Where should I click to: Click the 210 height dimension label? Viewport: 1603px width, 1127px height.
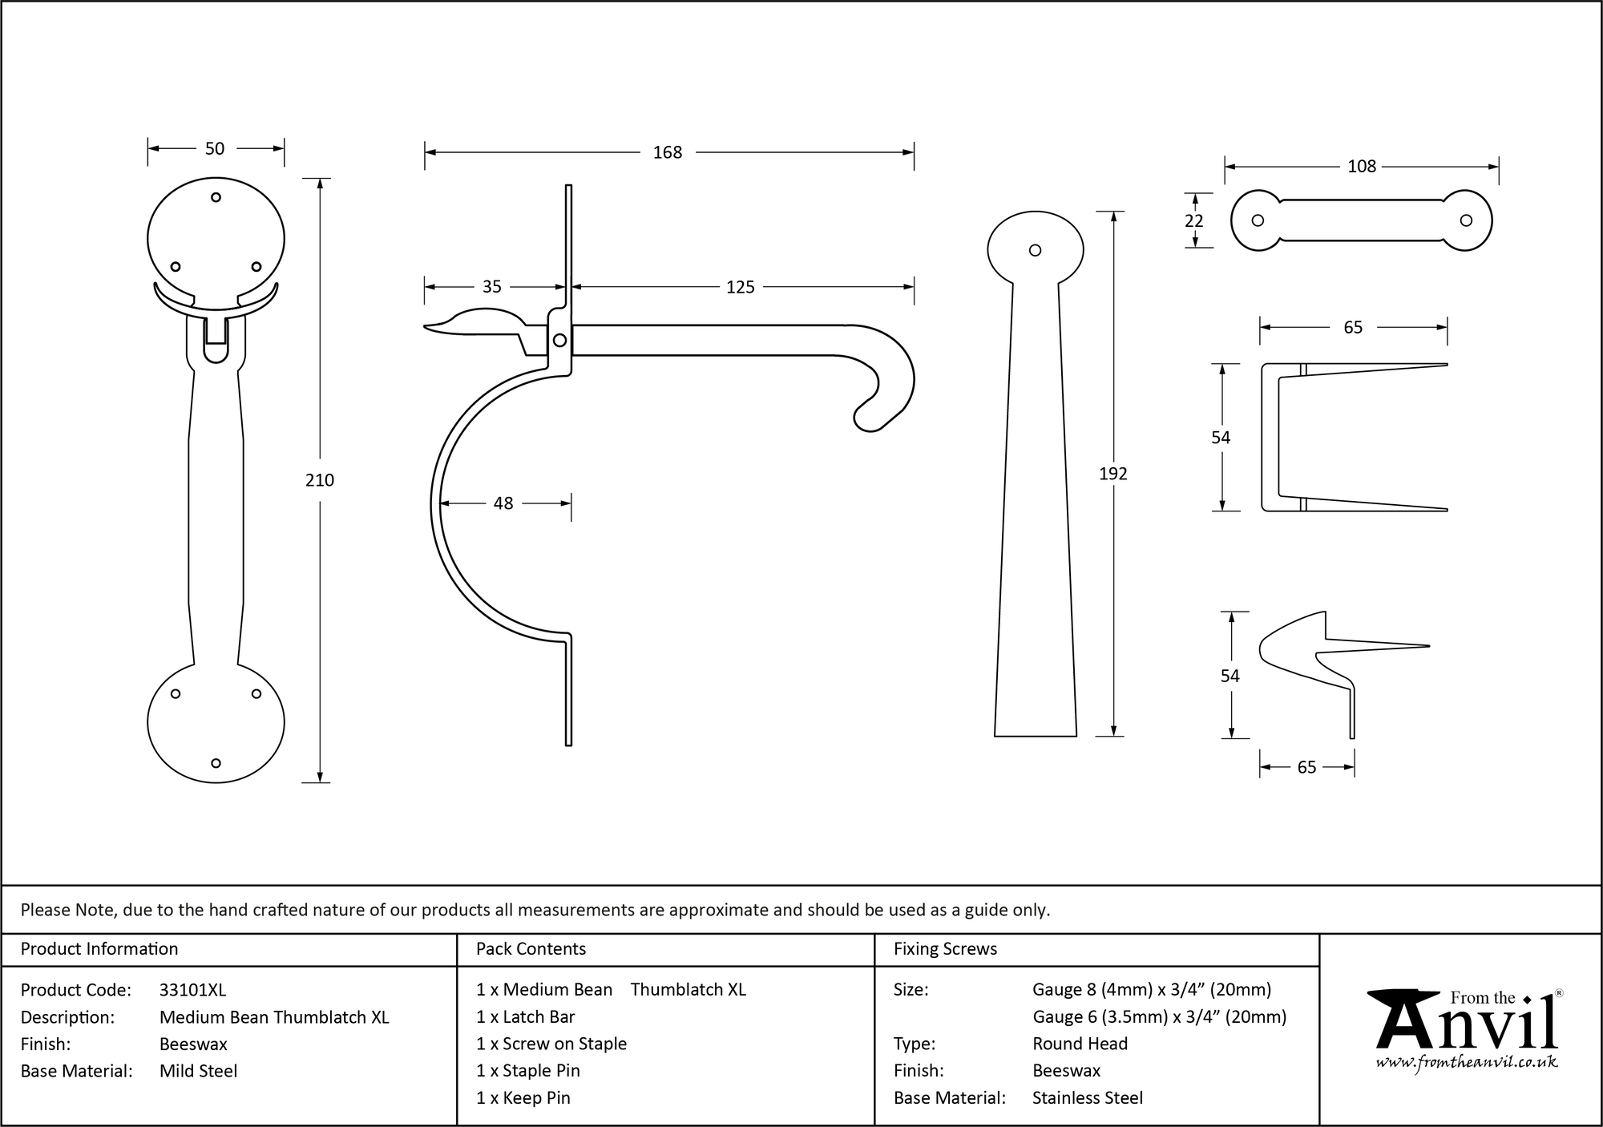click(320, 480)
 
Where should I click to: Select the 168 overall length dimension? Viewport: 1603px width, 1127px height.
click(667, 152)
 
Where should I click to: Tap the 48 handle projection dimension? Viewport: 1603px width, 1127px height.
click(503, 503)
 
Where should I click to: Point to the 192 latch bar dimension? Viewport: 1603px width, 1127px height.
click(1113, 474)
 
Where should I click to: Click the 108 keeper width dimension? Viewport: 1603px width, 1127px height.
click(1361, 167)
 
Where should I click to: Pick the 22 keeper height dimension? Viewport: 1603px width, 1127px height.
click(1194, 221)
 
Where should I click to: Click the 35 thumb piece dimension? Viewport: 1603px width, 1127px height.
click(491, 287)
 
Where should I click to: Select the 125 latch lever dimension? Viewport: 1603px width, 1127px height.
click(740, 287)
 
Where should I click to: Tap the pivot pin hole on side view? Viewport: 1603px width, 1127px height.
click(559, 341)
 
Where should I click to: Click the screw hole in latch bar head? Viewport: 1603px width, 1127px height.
click(1035, 250)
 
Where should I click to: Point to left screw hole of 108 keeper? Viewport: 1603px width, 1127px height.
click(1258, 221)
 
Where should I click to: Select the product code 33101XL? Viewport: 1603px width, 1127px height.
click(192, 990)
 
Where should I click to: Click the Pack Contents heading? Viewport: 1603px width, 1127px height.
click(531, 949)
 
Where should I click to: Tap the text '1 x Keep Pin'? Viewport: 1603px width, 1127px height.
click(523, 1098)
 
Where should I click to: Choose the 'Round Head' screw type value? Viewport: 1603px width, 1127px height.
click(1080, 1044)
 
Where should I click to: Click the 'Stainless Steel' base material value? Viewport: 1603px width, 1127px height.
click(1087, 1098)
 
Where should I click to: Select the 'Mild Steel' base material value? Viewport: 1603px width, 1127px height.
click(198, 1071)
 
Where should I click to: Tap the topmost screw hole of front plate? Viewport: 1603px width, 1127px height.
click(216, 197)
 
